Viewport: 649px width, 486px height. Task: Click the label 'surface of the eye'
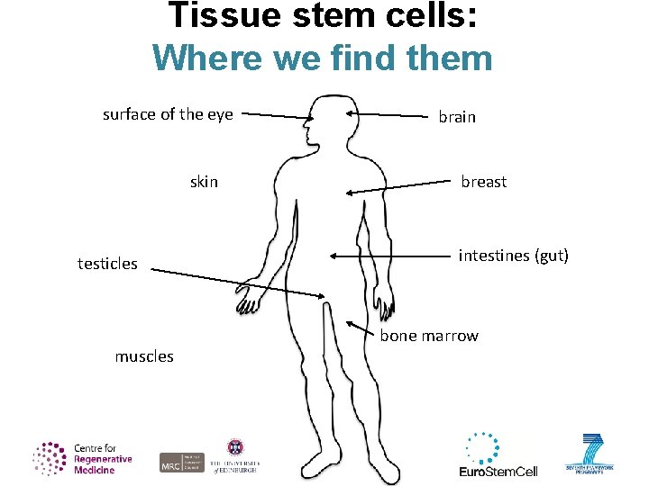click(x=168, y=114)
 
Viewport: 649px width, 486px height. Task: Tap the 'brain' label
click(x=456, y=117)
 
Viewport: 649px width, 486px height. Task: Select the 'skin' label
click(x=204, y=182)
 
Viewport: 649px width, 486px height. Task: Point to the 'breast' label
click(x=483, y=182)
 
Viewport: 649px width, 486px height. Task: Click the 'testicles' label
click(x=107, y=264)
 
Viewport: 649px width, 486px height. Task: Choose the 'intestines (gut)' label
click(x=513, y=256)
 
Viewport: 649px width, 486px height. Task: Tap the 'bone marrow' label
click(x=429, y=336)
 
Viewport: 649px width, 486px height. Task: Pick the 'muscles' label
click(x=144, y=356)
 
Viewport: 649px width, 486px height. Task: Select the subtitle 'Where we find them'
click(x=323, y=58)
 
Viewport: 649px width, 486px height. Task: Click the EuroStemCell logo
click(x=498, y=454)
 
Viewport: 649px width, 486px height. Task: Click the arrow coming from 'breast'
click(x=397, y=187)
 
